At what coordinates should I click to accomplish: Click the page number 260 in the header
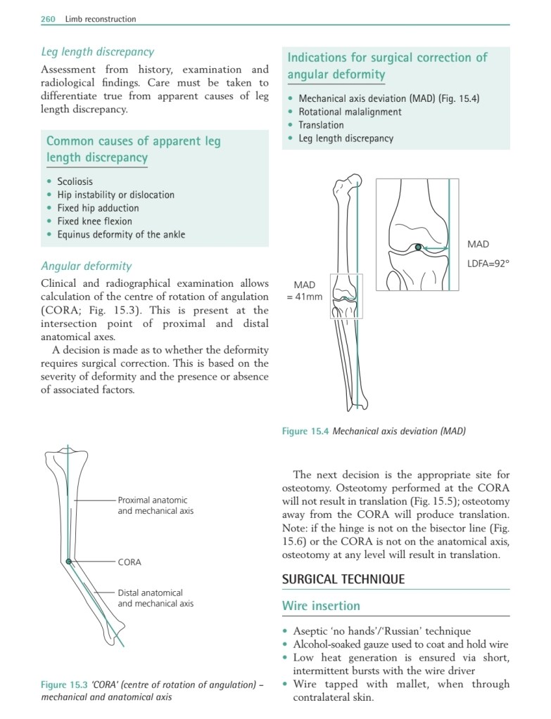point(48,19)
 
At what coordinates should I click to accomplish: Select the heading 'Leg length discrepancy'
point(97,51)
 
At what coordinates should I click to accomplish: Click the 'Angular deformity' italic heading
point(86,266)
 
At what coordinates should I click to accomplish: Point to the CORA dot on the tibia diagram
point(68,562)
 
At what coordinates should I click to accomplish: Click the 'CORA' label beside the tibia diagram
point(129,562)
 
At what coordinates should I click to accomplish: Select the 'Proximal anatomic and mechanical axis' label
point(155,505)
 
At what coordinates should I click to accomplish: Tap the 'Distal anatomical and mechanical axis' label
point(155,598)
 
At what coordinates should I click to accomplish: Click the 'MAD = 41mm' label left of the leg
point(304,290)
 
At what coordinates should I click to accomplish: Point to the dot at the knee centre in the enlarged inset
point(418,247)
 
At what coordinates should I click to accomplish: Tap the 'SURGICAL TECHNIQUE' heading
point(343,580)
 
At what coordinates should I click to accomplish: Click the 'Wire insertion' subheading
point(321,606)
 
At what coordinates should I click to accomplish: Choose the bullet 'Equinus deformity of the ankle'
point(121,235)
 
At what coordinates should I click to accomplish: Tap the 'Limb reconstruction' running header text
point(100,19)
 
